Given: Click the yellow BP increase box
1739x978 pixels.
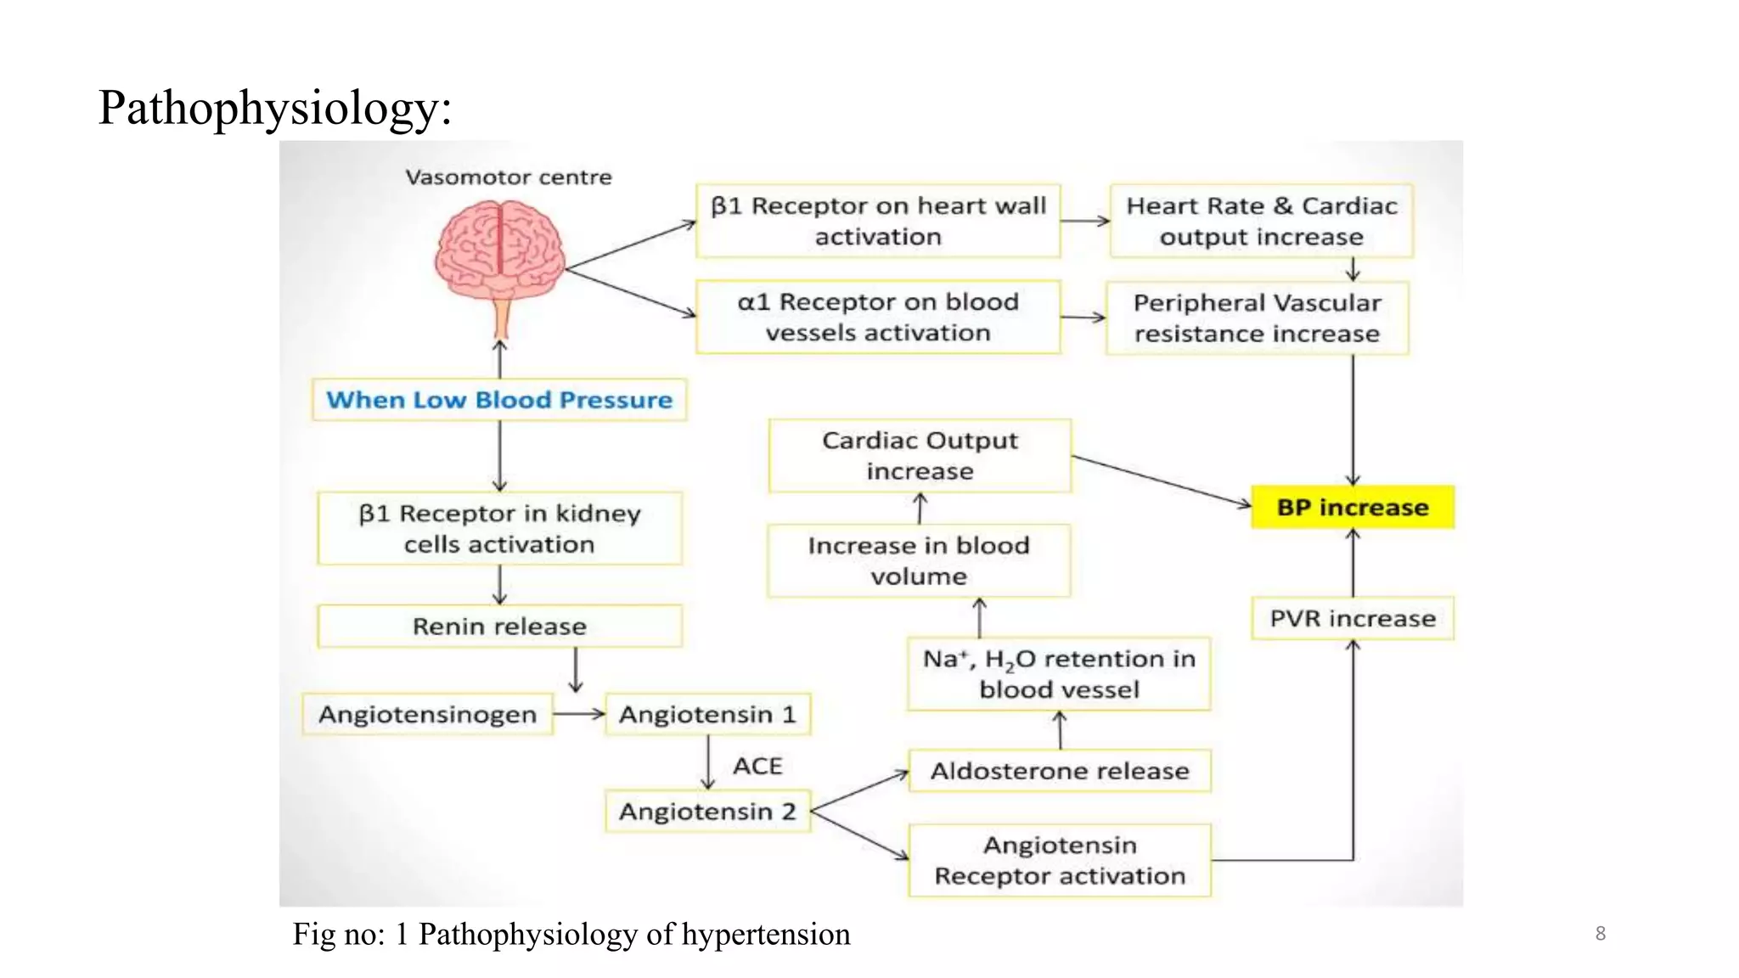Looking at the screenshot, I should point(1352,507).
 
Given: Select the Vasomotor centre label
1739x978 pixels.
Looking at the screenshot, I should point(508,177).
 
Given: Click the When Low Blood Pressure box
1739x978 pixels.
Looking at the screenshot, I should point(499,400).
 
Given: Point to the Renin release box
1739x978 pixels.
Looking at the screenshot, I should point(499,627).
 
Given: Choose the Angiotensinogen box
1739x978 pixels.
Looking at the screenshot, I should point(427,714).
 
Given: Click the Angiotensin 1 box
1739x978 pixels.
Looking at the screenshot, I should point(707,714).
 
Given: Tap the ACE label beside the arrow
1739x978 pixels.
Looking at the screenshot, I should point(757,766).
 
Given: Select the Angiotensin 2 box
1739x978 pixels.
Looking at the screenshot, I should point(707,812).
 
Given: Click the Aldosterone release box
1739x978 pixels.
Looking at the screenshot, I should point(1059,771).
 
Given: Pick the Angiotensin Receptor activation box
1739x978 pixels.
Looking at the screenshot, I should point(1059,860).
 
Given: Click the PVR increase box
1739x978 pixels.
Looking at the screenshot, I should point(1352,618).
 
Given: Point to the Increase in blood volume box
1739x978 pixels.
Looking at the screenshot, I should point(918,560).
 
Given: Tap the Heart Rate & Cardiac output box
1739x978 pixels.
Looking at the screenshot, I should point(1261,221).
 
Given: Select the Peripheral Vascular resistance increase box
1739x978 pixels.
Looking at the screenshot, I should point(1257,318).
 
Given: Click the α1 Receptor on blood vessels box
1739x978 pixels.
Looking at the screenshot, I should point(877,317).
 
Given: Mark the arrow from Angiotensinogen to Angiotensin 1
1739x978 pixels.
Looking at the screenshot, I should point(578,714).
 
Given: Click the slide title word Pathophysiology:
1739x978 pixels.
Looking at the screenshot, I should point(274,108).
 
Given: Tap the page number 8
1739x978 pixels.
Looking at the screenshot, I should point(1600,933).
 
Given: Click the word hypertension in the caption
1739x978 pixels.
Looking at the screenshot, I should point(765,934).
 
